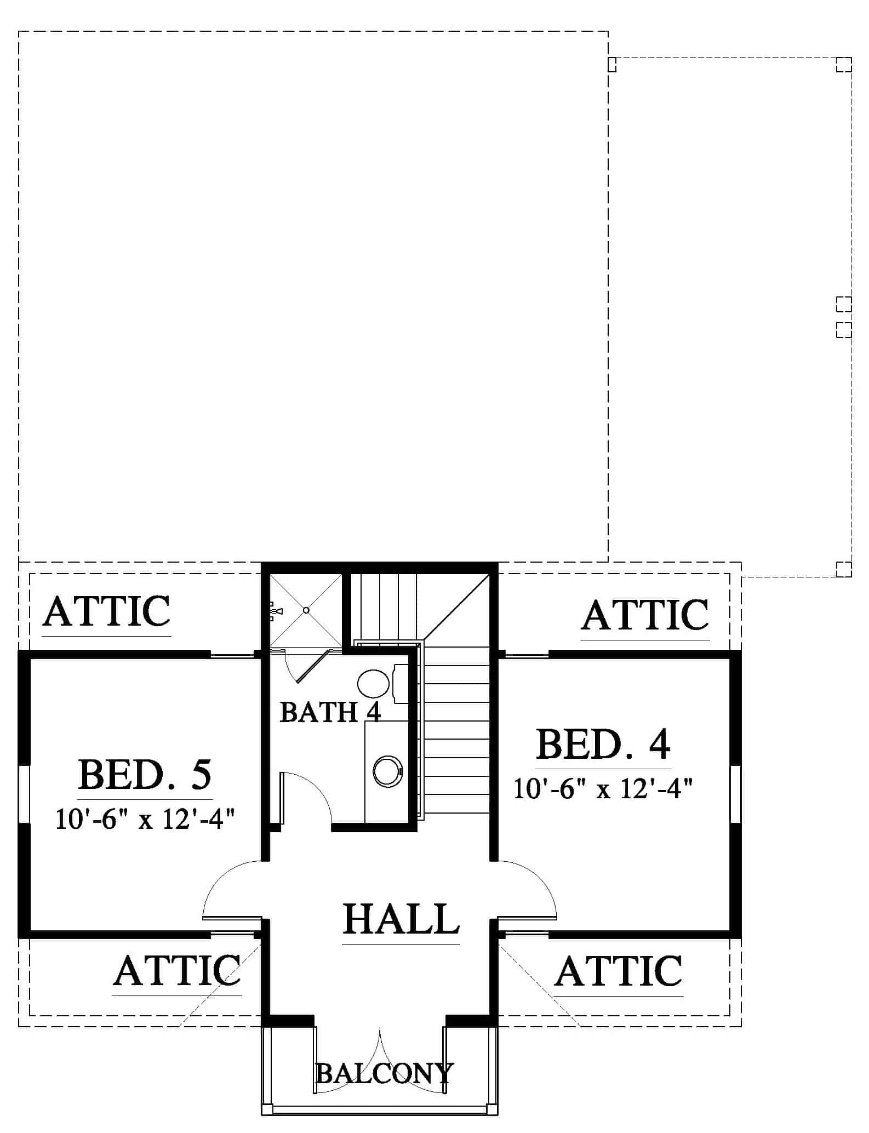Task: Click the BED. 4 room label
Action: (603, 743)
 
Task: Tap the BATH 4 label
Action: (330, 712)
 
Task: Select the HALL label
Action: (401, 919)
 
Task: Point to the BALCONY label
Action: (385, 1073)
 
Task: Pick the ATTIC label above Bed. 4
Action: (645, 615)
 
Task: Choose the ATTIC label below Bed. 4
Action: (619, 970)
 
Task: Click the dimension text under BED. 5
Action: (145, 820)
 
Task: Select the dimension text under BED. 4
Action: (603, 789)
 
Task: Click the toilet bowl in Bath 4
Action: (373, 683)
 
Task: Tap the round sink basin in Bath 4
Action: (388, 771)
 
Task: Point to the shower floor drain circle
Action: (306, 610)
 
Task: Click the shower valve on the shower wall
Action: (275, 611)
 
